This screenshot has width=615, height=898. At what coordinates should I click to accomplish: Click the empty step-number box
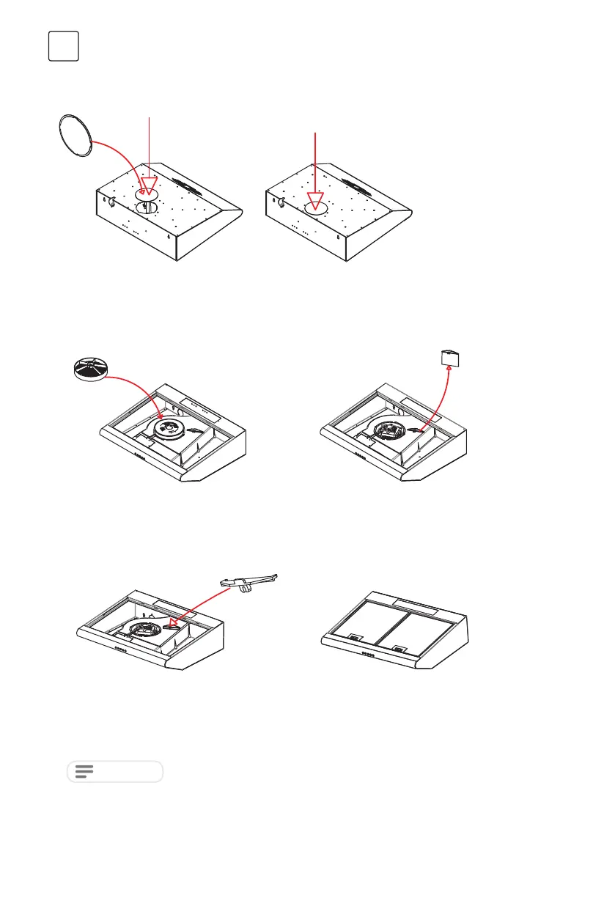tap(64, 46)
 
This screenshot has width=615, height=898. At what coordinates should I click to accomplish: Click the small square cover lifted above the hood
tap(449, 358)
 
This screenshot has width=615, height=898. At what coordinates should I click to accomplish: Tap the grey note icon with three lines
tap(85, 771)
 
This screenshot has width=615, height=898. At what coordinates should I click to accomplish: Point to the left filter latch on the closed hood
tap(354, 638)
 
